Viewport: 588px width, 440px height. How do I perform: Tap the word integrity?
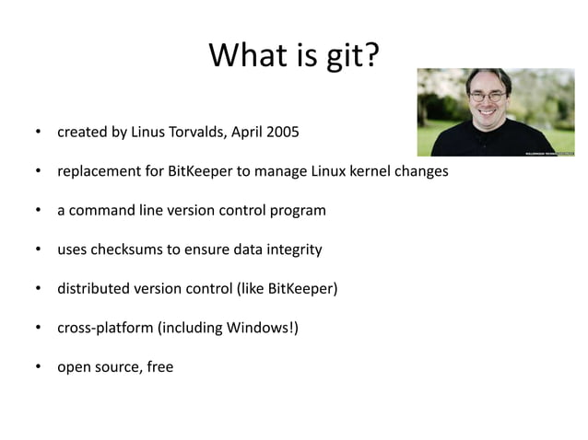[294, 249]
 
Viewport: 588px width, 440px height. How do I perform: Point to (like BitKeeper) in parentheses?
[288, 289]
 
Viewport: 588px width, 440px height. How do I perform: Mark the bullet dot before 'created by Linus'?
[39, 133]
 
